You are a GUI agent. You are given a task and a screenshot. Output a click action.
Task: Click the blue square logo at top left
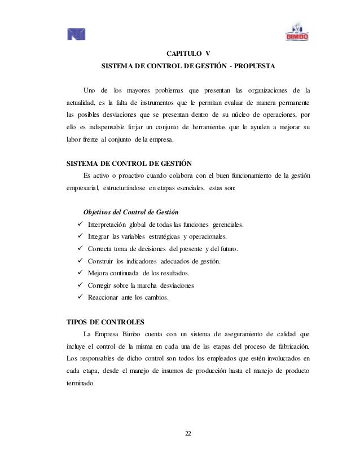[76, 35]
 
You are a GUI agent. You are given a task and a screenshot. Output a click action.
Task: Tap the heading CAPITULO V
[187, 54]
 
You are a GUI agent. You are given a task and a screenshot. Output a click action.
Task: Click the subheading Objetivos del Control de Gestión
[131, 213]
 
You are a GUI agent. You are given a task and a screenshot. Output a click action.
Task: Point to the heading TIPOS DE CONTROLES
[106, 322]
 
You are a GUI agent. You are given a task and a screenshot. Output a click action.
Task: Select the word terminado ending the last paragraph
[81, 381]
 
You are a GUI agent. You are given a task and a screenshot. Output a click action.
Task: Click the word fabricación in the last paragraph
[290, 345]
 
